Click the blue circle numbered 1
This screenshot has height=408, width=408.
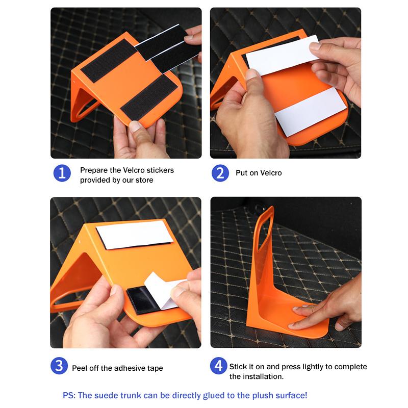[x=62, y=173]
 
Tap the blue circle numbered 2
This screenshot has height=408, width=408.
[x=220, y=173]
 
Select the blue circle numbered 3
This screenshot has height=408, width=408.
[x=59, y=366]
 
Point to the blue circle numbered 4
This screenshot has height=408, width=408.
[x=219, y=366]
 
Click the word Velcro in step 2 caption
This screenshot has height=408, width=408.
[x=271, y=173]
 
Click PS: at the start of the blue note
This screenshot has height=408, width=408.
[x=69, y=396]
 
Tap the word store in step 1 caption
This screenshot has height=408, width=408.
[x=144, y=180]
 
